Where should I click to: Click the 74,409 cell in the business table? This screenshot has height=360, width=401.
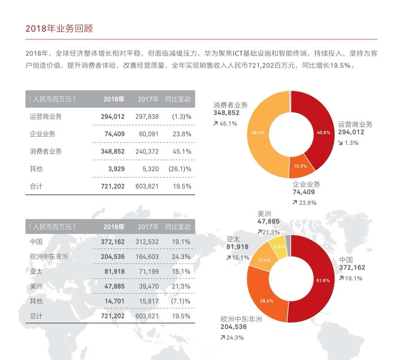tap(113, 134)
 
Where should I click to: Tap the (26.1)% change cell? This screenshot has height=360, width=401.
tap(181, 169)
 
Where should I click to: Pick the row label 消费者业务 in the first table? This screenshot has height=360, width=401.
tap(46, 151)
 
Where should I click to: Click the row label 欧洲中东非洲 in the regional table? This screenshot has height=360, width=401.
tap(49, 256)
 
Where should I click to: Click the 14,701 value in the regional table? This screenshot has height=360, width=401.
tap(113, 301)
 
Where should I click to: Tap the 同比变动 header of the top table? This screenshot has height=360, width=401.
tap(178, 99)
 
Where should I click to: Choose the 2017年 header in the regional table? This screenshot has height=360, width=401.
tap(148, 226)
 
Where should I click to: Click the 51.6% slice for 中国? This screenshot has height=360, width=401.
tap(322, 280)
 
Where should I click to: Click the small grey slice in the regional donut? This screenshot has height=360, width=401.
tap(288, 241)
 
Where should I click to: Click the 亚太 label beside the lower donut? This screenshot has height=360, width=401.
tap(232, 239)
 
